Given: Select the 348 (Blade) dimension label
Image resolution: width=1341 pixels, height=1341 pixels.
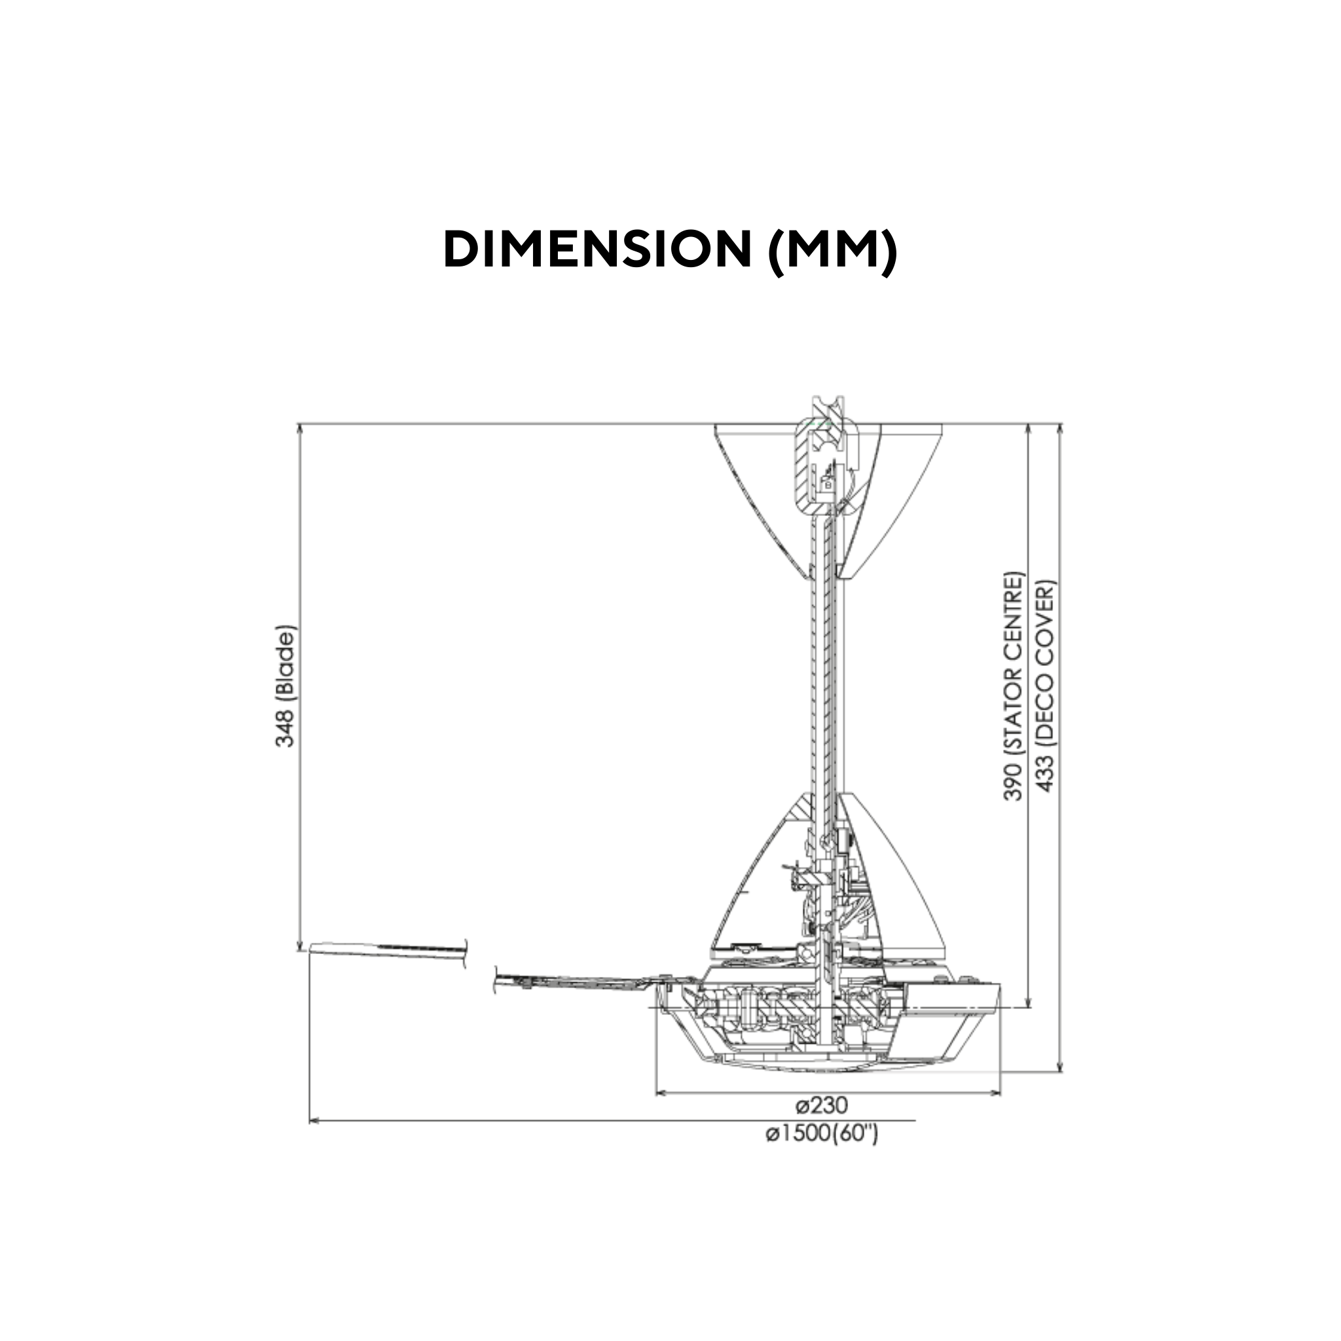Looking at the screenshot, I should pos(285,686).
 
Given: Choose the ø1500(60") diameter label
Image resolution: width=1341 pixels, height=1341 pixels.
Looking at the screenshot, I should pos(822,1134).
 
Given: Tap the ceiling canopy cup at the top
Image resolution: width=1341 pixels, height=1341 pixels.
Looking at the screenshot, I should pos(763,486).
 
